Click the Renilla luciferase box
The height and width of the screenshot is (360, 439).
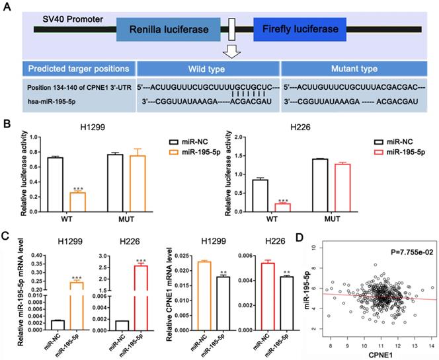click(168, 30)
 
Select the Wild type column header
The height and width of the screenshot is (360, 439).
click(208, 69)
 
